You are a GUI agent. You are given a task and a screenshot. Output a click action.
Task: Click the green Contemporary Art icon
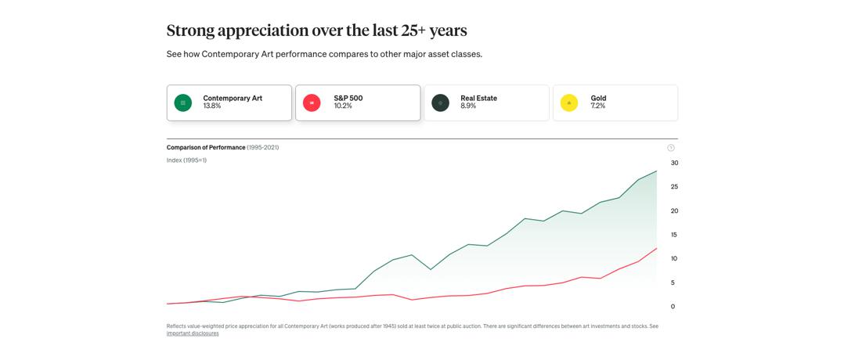click(182, 103)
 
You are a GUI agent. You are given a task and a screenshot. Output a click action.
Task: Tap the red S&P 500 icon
click(312, 103)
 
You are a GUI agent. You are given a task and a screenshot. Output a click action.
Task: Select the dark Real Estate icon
click(441, 103)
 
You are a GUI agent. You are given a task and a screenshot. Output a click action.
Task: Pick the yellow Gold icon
click(569, 103)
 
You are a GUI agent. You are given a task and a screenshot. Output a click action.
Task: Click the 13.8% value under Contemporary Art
click(212, 106)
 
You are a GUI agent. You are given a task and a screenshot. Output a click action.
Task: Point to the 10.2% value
click(343, 106)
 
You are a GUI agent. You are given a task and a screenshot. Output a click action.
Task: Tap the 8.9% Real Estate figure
click(468, 106)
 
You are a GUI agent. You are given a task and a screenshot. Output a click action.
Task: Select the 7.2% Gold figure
click(598, 106)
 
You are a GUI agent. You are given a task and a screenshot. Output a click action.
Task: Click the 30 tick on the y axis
click(674, 163)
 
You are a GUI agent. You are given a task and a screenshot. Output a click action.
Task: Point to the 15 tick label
click(674, 235)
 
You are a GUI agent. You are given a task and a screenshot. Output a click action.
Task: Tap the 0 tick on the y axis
click(673, 307)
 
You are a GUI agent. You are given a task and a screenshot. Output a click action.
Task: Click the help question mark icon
click(671, 148)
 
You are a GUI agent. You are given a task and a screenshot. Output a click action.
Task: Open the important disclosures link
click(193, 333)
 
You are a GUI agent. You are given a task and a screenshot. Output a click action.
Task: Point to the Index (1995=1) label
click(186, 160)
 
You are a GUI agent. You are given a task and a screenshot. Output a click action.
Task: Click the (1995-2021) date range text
click(263, 147)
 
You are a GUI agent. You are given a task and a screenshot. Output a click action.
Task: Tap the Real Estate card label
click(478, 98)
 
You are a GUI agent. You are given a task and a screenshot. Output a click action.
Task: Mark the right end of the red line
click(657, 248)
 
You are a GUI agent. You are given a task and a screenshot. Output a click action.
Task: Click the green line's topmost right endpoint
click(657, 171)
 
